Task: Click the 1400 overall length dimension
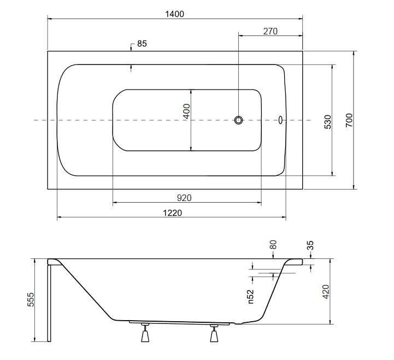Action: (174, 14)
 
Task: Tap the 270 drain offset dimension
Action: (270, 31)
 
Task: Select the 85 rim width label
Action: (142, 44)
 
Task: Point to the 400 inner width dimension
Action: (186, 111)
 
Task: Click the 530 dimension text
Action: (328, 122)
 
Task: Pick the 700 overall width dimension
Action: (349, 120)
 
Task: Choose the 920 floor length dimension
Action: (184, 198)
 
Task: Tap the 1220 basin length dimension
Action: (172, 213)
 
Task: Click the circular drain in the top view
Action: (238, 120)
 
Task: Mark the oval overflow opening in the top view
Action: (280, 120)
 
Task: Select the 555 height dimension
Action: (31, 299)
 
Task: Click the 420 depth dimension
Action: (326, 292)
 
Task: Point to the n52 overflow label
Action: (251, 297)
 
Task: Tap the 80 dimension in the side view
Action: (273, 245)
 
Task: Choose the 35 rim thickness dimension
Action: (310, 245)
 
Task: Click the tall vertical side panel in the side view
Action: (49, 303)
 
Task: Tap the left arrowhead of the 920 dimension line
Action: (115, 202)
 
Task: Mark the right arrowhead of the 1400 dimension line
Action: (300, 19)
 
